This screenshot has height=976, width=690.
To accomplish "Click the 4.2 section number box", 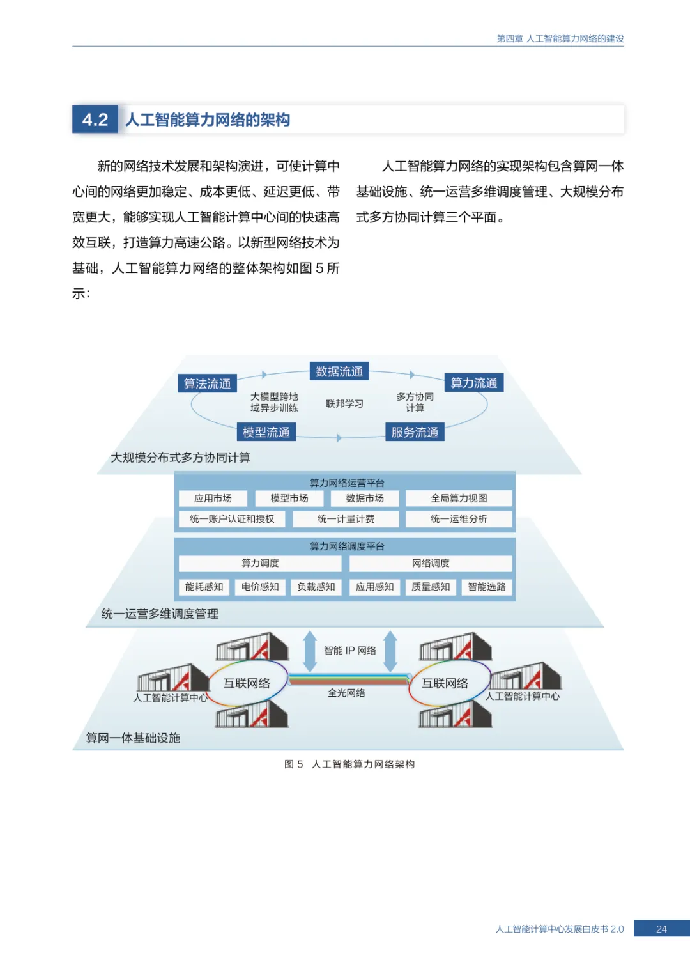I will [95, 120].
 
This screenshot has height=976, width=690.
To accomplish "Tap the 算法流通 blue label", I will [207, 383].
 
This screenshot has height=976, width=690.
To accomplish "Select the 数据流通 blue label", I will [339, 371].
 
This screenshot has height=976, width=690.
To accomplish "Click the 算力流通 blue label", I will [473, 383].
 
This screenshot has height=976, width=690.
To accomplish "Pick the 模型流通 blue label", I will [266, 432].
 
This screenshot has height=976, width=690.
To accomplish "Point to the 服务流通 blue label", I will [415, 432].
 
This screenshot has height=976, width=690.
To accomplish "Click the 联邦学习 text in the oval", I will [344, 403].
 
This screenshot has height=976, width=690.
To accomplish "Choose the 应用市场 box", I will [213, 499].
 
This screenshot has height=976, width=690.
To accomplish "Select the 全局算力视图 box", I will [459, 499].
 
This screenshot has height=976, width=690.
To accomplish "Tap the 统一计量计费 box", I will [346, 519].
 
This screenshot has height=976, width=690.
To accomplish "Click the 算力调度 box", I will [260, 563].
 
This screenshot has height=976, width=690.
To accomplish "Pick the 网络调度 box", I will [431, 563].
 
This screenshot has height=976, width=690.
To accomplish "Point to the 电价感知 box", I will [260, 587].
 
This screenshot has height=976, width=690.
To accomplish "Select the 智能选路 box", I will [487, 587].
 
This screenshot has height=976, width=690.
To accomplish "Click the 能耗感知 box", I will [204, 587].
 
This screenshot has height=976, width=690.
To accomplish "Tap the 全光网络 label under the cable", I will [346, 693].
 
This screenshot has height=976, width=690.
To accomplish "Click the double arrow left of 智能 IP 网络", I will [310, 651].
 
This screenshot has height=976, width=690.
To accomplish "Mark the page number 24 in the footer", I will [661, 929].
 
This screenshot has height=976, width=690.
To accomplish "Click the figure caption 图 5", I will [294, 764].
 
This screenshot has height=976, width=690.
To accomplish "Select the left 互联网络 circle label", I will [247, 683].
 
